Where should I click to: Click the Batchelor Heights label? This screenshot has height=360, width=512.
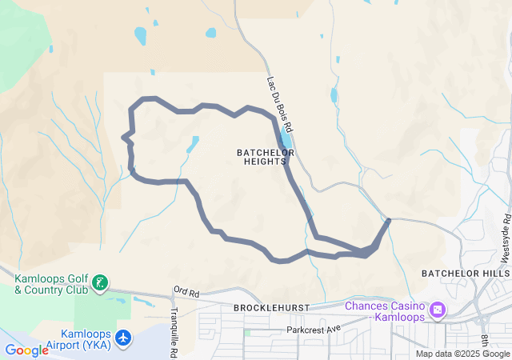pos(266,157)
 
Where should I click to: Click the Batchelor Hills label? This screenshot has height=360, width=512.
pos(465,274)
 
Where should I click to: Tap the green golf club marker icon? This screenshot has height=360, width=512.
pos(100,282)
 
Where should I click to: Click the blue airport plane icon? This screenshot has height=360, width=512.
pos(122,338)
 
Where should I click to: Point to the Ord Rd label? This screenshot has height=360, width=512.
pos(185,290)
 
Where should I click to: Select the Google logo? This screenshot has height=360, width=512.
pos(26,350)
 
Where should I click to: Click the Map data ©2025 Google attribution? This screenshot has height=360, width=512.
pos(462,354)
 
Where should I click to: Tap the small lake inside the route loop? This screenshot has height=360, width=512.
pos(193,145)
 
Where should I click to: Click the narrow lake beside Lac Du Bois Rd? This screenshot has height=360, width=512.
pos(286,127)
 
